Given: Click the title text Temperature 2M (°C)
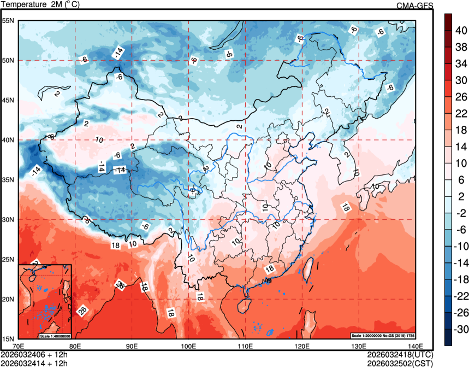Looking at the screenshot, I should click(40, 5).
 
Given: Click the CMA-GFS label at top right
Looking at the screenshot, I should click(414, 5).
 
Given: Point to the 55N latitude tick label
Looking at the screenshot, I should click(9, 21).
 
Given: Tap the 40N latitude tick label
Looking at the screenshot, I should click(9, 140).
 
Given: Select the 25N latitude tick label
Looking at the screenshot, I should click(9, 259).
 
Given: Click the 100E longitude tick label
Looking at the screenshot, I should click(188, 346).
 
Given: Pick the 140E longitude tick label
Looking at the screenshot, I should click(415, 346).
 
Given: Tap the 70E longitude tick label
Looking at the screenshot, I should click(19, 346).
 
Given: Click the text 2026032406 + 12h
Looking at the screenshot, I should click(34, 354).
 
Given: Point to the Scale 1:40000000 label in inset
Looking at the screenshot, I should click(55, 335).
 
